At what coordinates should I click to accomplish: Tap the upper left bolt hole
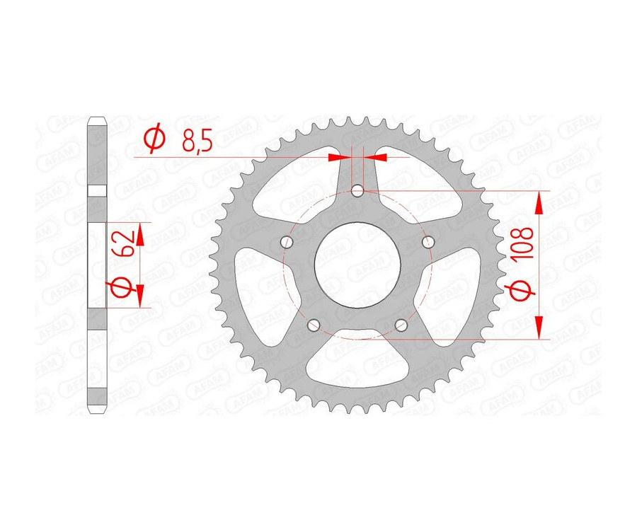coord(287,241)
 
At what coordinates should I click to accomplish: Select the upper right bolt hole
coord(427,241)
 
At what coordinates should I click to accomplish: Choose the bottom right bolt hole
coord(401,325)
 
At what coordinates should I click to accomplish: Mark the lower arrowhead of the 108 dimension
coord(540,326)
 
